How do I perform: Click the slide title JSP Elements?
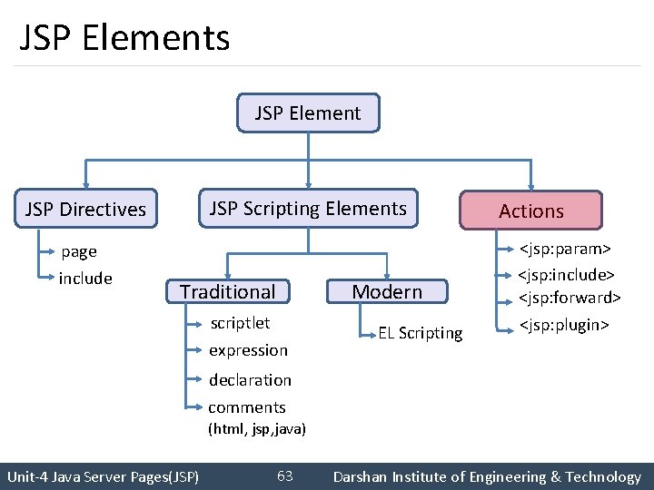[124, 38]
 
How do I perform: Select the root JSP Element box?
[308, 113]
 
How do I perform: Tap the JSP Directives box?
[85, 210]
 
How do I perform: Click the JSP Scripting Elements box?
[308, 209]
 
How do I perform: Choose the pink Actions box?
[531, 211]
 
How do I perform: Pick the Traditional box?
[227, 291]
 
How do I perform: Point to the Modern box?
[387, 291]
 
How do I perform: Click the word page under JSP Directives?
[78, 251]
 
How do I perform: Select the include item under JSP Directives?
[85, 279]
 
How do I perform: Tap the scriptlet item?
[240, 323]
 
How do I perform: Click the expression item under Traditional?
[248, 350]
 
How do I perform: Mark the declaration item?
[250, 380]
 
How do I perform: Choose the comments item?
[247, 407]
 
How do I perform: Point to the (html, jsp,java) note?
[257, 428]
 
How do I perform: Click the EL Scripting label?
[421, 333]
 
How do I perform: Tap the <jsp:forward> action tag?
[570, 298]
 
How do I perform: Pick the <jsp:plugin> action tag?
[563, 325]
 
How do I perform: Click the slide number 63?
[284, 476]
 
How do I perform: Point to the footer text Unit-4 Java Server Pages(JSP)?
[103, 476]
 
